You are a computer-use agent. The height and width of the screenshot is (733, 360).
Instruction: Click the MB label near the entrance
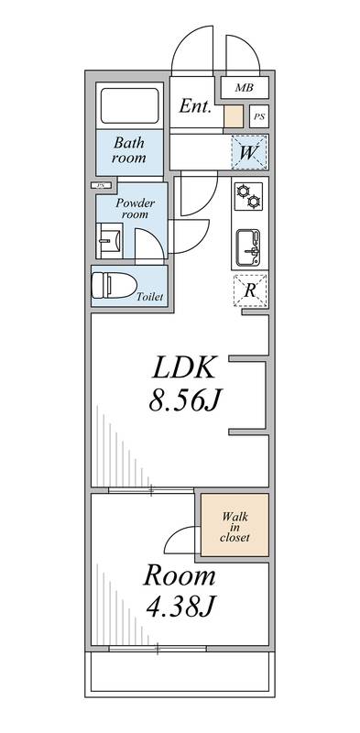(244, 88)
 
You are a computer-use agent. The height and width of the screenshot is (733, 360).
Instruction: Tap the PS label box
(259, 117)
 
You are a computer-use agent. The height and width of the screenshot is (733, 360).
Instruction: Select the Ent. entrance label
(195, 106)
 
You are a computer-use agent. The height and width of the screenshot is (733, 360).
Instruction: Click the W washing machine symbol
(248, 152)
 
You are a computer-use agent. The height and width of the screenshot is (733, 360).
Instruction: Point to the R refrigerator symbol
(249, 290)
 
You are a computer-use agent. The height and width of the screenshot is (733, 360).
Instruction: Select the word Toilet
(149, 298)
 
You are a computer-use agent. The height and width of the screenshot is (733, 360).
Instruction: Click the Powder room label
(135, 208)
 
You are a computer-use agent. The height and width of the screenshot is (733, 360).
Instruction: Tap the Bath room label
(129, 150)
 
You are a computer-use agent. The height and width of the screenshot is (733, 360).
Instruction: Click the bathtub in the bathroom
(129, 106)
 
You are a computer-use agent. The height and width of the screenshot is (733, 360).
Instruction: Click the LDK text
(182, 369)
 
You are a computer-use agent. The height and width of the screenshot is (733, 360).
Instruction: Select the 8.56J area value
(182, 400)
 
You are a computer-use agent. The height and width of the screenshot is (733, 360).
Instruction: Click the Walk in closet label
(235, 526)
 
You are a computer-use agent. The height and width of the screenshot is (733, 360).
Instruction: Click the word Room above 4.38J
(179, 576)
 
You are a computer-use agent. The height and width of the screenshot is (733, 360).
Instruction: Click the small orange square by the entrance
(234, 117)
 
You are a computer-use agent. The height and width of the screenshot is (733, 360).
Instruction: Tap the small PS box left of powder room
(97, 186)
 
